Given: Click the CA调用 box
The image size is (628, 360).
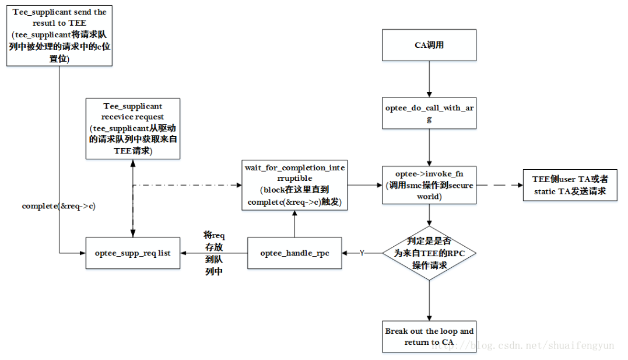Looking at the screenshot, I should tap(429, 45).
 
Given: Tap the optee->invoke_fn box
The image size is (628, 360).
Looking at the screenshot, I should tap(429, 185).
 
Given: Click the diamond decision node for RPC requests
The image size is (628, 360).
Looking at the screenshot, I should tap(429, 253).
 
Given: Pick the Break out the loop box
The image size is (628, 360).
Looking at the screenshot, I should tap(429, 337).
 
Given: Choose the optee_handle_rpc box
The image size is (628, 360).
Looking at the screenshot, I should tap(294, 253).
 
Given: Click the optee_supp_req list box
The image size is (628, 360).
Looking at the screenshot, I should tap(133, 253).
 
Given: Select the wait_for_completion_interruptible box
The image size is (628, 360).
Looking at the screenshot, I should tap(294, 185).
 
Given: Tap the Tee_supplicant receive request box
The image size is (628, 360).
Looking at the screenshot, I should tap(132, 129).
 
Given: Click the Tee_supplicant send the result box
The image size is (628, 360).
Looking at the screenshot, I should tap(59, 34).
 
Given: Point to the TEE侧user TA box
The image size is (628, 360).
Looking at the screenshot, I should tap(570, 185).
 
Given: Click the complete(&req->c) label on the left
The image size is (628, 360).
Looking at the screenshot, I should tap(51, 206).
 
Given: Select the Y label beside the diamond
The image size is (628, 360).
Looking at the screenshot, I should tap(362, 253).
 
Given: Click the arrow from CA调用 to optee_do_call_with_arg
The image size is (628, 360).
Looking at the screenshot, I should tap(429, 79).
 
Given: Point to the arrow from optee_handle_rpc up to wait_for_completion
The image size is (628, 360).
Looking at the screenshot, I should tap(294, 224).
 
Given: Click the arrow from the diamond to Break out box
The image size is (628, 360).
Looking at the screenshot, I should tap(429, 300).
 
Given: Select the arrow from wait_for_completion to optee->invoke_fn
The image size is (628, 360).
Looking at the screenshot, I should tap(364, 185).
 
